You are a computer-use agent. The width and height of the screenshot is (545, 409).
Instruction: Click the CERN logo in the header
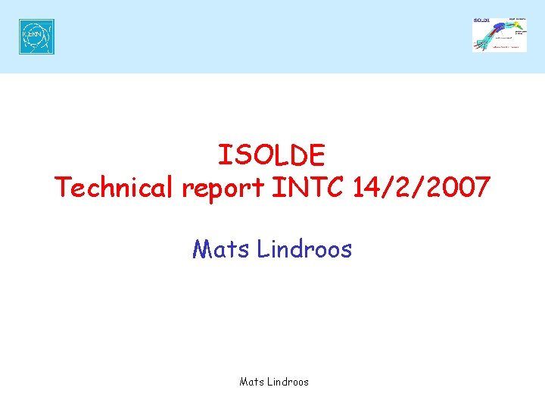36,36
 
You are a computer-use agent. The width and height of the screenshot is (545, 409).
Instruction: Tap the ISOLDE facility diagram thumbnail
500,34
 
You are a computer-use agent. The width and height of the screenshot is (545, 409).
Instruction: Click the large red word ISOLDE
272,155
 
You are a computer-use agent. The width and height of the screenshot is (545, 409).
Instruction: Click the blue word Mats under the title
221,248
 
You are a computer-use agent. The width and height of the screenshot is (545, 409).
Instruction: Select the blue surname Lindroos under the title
304,248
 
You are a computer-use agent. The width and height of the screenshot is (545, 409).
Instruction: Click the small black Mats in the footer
251,382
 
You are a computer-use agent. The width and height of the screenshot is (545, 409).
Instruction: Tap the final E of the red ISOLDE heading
316,155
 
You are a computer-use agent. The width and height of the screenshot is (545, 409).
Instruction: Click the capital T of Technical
63,186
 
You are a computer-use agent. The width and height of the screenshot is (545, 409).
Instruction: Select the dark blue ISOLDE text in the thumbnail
481,20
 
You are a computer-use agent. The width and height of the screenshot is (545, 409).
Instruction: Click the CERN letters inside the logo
35,36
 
